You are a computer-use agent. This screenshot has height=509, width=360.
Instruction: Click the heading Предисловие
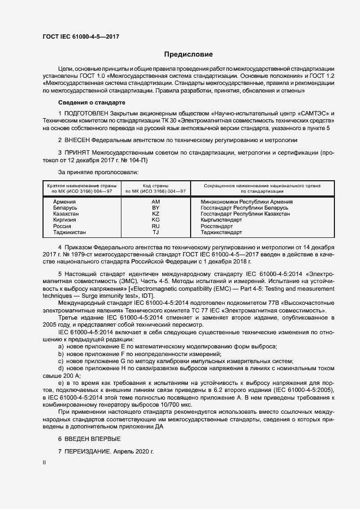click(x=188, y=54)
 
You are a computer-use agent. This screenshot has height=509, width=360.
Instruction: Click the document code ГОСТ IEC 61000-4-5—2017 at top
click(x=81, y=36)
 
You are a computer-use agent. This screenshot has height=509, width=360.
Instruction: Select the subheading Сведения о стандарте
click(x=91, y=103)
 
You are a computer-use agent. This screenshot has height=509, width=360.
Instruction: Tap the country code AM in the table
click(x=155, y=201)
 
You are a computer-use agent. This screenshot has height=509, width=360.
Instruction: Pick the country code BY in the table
click(x=155, y=208)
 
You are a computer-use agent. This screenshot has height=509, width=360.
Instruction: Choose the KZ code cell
click(x=155, y=214)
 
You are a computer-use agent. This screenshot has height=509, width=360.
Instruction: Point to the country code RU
click(x=155, y=226)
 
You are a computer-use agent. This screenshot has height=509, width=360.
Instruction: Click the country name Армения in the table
click(x=64, y=201)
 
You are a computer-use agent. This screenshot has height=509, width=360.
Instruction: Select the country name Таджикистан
click(x=69, y=232)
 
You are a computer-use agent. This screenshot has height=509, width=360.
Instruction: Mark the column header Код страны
click(x=155, y=186)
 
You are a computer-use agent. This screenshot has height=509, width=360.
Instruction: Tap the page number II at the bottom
click(x=44, y=463)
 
